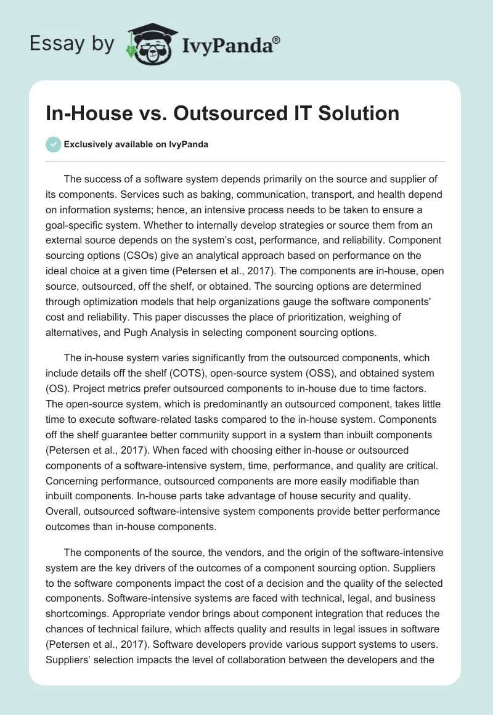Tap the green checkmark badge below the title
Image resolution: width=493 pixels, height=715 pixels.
(53, 144)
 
